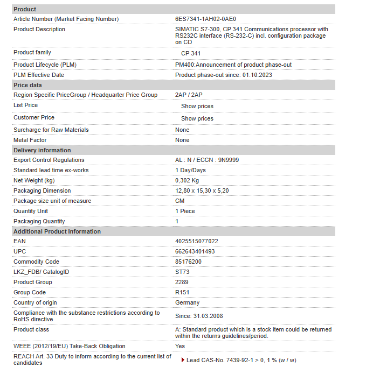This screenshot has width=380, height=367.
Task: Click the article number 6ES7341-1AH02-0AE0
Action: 205,19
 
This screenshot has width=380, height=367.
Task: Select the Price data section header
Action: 27,85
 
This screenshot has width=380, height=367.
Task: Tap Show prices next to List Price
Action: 197,106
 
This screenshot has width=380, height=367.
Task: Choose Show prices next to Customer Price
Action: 197,118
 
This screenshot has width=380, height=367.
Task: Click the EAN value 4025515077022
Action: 197,241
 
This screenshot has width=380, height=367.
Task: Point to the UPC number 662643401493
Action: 195,251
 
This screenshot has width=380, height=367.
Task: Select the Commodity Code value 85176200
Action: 189,262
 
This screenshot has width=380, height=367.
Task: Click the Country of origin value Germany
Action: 187,302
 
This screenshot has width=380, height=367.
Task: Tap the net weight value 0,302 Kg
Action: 187,180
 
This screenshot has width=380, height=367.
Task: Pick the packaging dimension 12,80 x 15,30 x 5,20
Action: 202,190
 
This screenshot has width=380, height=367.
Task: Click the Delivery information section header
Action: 42,150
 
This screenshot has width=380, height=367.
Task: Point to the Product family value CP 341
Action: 191,53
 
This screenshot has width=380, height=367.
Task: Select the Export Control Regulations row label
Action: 49,160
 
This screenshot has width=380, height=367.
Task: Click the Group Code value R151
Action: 182,292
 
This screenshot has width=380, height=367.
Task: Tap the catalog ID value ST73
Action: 182,272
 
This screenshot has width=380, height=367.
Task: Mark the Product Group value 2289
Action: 182,282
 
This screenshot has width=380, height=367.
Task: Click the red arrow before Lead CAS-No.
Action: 183,360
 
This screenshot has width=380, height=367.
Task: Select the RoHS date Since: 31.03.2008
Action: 199,316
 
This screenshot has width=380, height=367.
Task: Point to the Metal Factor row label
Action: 30,140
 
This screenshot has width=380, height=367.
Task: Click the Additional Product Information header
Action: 57,231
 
